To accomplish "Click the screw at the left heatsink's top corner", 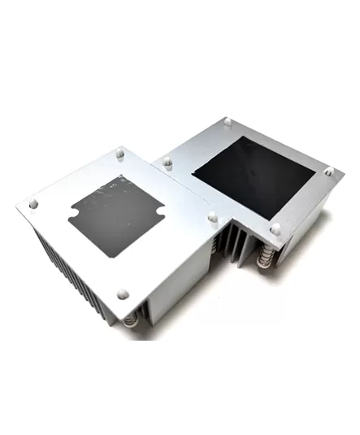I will coord(121,151).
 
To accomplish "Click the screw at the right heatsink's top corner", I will coord(228,122).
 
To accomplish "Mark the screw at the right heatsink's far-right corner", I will coord(329,172).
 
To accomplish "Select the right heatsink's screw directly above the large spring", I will coord(275,228).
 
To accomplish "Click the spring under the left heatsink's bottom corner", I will coord(131,322).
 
